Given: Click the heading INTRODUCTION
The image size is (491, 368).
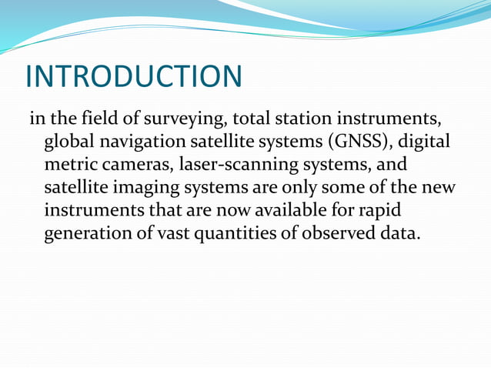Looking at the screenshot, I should tap(133, 76).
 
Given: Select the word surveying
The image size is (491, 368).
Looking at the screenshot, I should tap(188, 120).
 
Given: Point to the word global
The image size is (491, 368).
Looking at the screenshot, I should tap(68, 142).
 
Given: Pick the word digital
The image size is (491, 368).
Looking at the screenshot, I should tap(423, 143).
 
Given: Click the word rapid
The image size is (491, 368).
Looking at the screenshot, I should tap(382, 211).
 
